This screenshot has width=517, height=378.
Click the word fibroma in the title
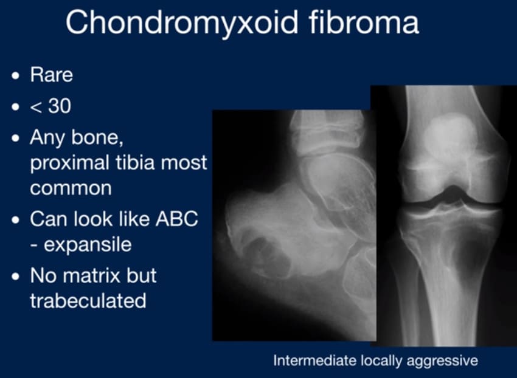pyautogui.click(x=364, y=21)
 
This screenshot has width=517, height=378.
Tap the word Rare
pyautogui.click(x=52, y=75)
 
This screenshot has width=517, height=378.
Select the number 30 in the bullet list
pyautogui.click(x=60, y=106)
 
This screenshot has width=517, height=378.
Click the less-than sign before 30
pyautogui.click(x=36, y=107)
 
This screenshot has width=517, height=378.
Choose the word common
pyautogui.click(x=71, y=188)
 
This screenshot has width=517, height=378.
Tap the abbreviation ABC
pyautogui.click(x=177, y=219)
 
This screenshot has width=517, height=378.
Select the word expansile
pyautogui.click(x=88, y=244)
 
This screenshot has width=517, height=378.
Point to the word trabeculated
pyautogui.click(x=88, y=301)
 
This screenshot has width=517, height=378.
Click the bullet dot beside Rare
pyautogui.click(x=15, y=76)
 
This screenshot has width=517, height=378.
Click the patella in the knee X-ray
pyautogui.click(x=450, y=135)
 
